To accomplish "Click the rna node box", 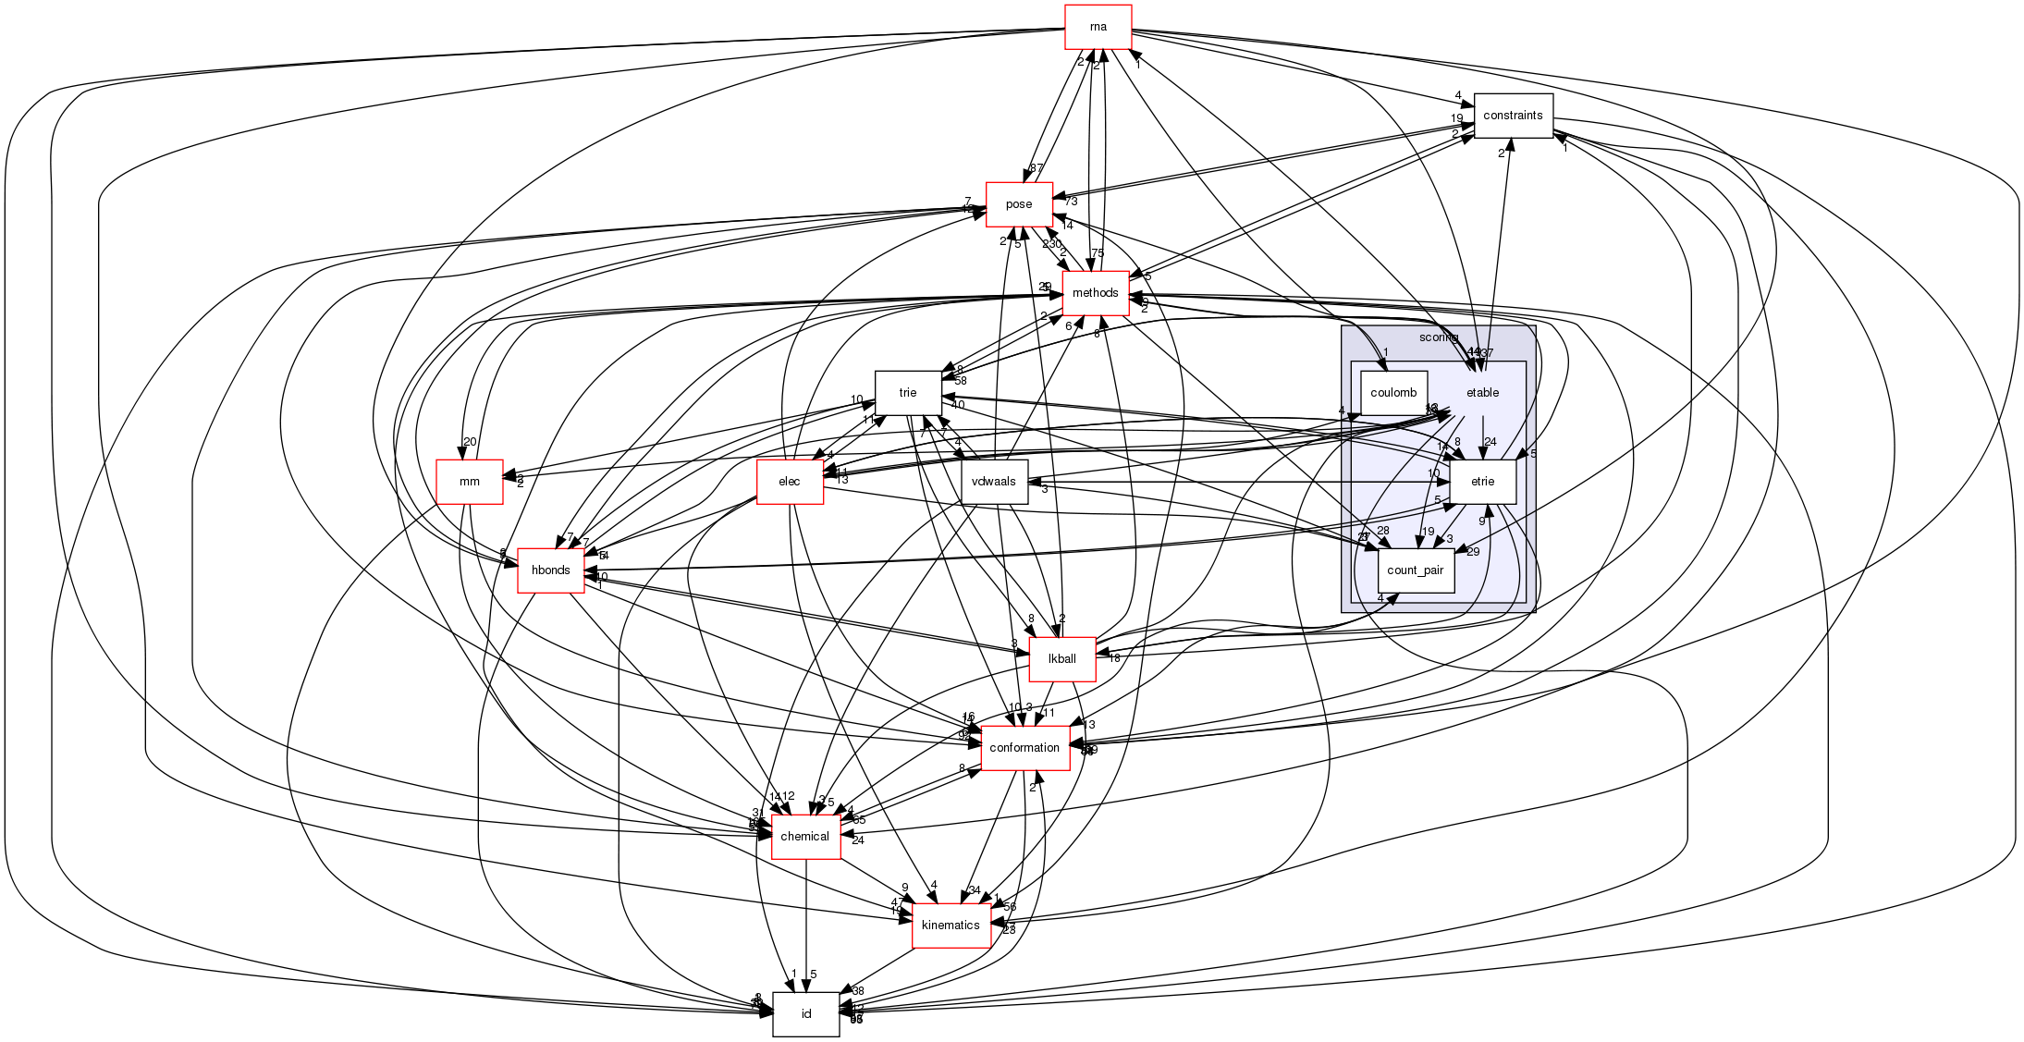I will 1098,27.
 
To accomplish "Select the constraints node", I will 1512,116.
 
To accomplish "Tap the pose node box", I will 1018,204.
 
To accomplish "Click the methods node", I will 1095,293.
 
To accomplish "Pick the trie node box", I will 907,393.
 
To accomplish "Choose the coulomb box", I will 1392,393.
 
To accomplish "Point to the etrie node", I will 1481,482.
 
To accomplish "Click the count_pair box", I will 1415,570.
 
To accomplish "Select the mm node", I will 469,482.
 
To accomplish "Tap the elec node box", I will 789,482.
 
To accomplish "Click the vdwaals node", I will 994,482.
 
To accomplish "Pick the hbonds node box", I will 550,570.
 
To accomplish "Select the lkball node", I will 1061,659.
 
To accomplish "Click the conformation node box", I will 1024,748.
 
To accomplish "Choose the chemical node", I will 804,837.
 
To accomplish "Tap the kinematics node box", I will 951,926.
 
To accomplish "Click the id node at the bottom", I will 805,1014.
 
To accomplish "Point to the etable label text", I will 1482,393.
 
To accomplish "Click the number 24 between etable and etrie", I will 1490,442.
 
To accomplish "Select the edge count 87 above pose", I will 1037,168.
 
